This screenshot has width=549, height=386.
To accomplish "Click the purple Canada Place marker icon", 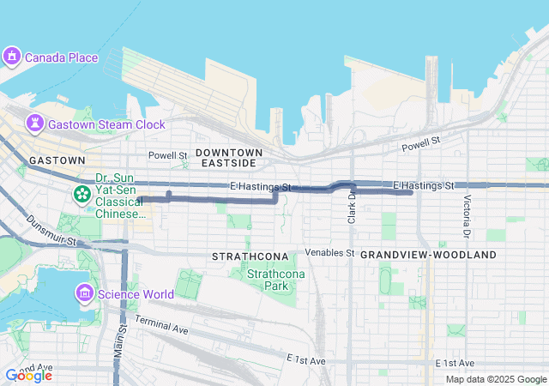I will click(11, 57).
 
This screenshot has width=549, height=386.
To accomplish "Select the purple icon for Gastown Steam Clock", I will click(34, 124).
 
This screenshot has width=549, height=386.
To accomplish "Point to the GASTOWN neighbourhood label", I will click(57, 160).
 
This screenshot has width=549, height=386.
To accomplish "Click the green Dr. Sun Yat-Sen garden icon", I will click(81, 195).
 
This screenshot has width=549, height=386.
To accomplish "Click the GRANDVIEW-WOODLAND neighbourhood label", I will click(428, 256).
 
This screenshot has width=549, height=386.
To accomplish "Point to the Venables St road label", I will click(330, 253).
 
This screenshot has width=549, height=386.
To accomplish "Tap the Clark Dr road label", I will click(352, 208).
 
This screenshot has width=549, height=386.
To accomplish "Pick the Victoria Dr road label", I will click(467, 217).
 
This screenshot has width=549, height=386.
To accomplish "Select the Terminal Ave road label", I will click(161, 326).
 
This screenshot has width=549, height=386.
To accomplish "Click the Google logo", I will click(28, 376).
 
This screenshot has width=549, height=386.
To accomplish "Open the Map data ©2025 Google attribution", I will click(495, 379).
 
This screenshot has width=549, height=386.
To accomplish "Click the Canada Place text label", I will click(61, 58).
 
